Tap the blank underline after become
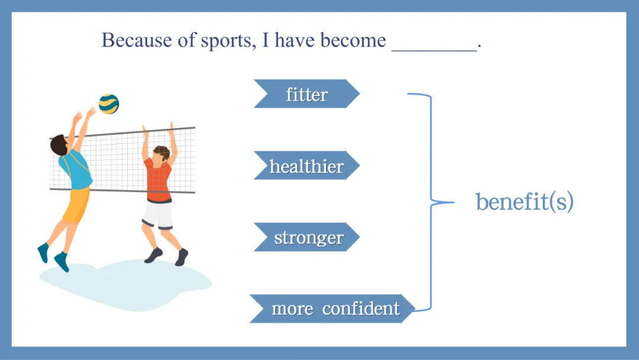[434, 50]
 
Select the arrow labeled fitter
[307, 94]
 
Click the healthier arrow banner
[307, 165]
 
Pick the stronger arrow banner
[307, 237]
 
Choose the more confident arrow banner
[332, 308]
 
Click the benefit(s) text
[524, 201]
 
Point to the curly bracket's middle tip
[453, 202]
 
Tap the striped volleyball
[109, 104]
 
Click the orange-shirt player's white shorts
[158, 215]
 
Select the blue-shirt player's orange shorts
[76, 205]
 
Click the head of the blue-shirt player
[60, 145]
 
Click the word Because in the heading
[137, 40]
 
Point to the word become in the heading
[353, 40]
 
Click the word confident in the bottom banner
[361, 308]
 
